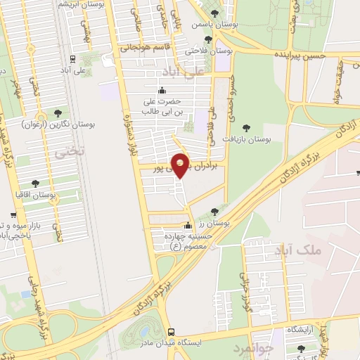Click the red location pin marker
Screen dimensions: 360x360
pos(181,165)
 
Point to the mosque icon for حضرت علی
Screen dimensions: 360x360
pos(162,90)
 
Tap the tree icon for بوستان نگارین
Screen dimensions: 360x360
pos(58,112)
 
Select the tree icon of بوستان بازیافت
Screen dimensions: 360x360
pos(245,127)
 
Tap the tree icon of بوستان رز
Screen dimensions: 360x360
pos(215,211)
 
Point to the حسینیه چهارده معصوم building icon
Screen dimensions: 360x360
pos(188,226)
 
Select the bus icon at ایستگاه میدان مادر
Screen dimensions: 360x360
pos(171,331)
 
